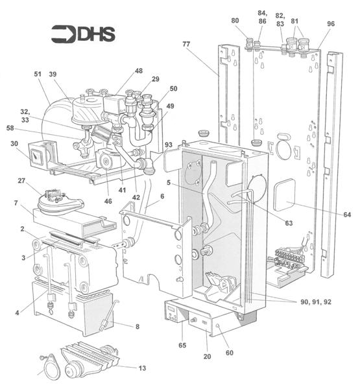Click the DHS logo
click(x=83, y=34)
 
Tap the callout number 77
click(x=187, y=45)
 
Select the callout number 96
click(x=331, y=24)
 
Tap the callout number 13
click(x=141, y=368)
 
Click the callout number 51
click(x=37, y=75)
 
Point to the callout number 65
click(x=182, y=347)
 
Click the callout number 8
click(x=137, y=327)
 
